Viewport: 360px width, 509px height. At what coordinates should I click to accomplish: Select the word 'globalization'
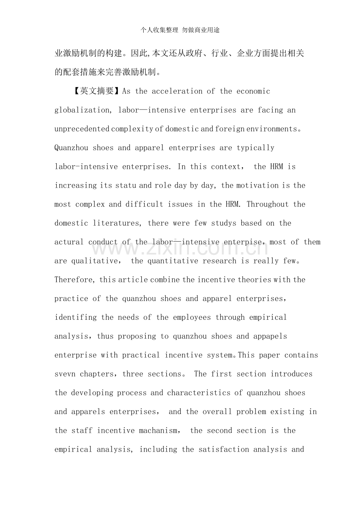tap(82, 110)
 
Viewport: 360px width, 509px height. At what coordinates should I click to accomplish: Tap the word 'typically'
tap(256, 148)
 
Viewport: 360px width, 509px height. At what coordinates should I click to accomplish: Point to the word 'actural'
tap(69, 242)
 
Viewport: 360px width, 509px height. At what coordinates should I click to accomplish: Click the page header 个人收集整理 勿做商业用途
tap(180, 30)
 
